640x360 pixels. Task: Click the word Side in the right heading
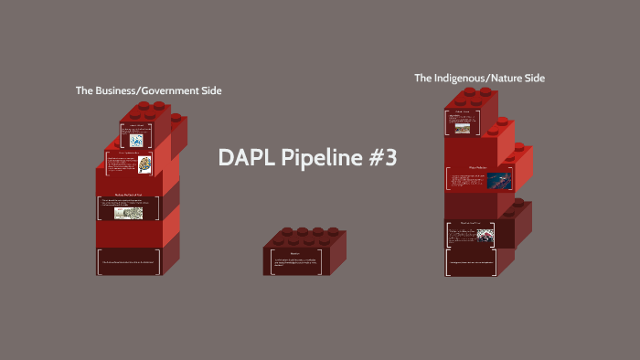532,79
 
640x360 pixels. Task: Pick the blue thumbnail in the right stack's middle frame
499,180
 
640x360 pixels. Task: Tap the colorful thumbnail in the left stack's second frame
144,172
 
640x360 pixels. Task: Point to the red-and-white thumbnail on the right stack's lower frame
485,235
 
